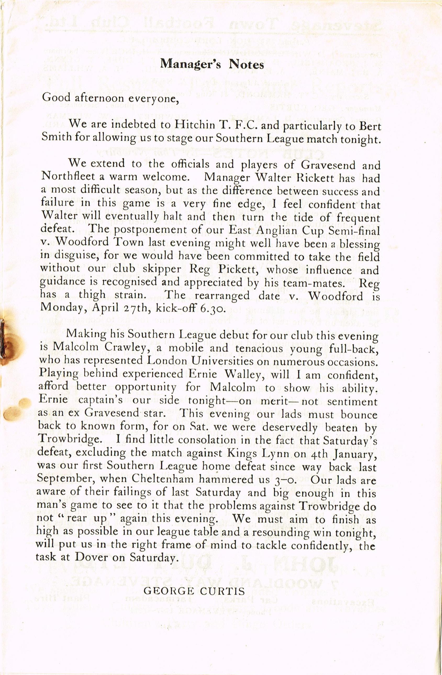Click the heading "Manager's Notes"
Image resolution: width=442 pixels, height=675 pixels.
[212, 64]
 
